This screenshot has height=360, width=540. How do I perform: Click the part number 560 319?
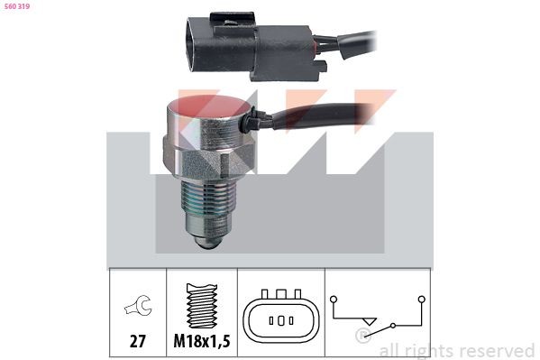coord(17,6)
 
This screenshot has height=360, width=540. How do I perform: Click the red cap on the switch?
coord(209,106)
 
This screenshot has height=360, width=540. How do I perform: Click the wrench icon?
coord(138,305)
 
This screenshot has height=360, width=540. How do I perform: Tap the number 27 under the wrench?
coord(138,341)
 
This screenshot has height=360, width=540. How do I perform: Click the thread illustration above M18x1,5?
coord(202,306)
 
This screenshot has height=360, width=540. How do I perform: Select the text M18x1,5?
coord(202,341)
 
